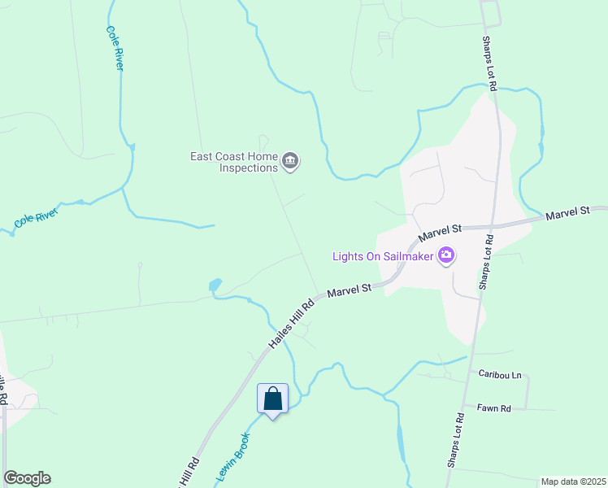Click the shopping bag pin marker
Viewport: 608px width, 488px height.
pyautogui.click(x=272, y=399)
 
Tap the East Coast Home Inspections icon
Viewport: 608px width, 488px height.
pyautogui.click(x=290, y=163)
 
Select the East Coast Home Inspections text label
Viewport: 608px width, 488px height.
pyautogui.click(x=234, y=162)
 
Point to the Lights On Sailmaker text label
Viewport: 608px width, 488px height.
pyautogui.click(x=383, y=257)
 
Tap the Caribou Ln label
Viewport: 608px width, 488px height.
pyautogui.click(x=499, y=376)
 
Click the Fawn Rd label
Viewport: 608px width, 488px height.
pyautogui.click(x=493, y=407)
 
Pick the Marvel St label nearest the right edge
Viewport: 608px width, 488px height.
pyautogui.click(x=567, y=213)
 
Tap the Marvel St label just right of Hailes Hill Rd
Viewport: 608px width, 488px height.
pyautogui.click(x=350, y=289)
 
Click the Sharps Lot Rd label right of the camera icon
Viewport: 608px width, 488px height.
pyautogui.click(x=486, y=262)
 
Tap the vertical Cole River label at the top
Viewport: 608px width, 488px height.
pyautogui.click(x=115, y=48)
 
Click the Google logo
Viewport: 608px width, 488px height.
pyautogui.click(x=27, y=478)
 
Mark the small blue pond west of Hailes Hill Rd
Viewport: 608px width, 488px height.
pyautogui.click(x=215, y=285)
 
